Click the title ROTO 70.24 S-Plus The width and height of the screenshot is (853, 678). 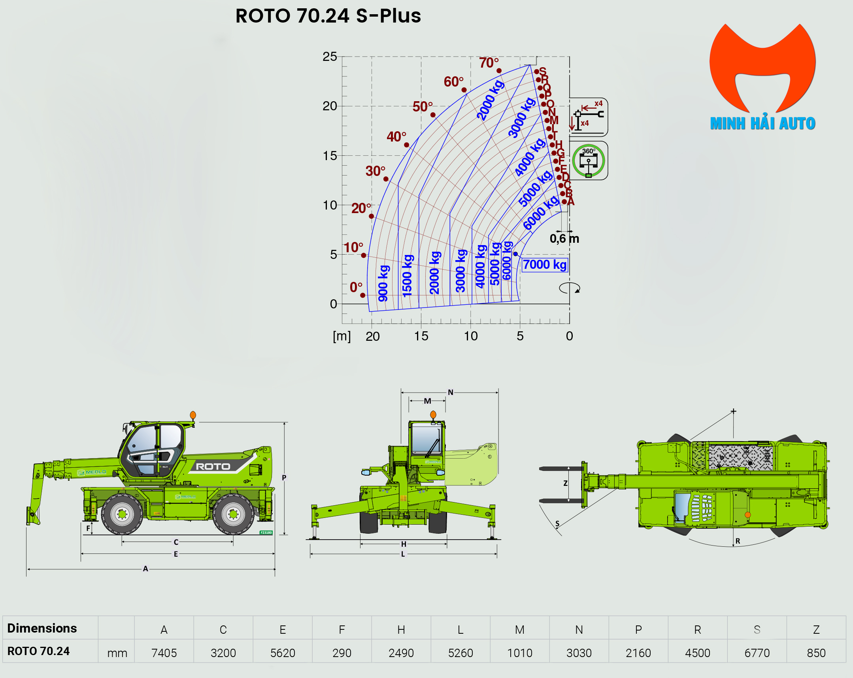(x=328, y=16)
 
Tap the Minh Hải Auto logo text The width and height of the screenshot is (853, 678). (x=762, y=123)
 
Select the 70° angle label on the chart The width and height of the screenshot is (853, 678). (x=489, y=62)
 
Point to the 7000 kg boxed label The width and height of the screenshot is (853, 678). (x=544, y=264)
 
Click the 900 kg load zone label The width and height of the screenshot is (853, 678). (x=383, y=283)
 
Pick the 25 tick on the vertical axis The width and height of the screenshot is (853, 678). (x=330, y=57)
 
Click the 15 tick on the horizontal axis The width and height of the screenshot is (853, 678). (x=421, y=336)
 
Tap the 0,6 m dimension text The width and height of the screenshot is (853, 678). (x=564, y=239)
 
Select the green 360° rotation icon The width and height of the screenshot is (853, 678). (x=588, y=161)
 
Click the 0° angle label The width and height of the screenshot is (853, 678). (x=356, y=287)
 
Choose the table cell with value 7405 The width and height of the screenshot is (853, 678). (x=164, y=653)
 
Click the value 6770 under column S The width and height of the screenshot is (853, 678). (x=757, y=653)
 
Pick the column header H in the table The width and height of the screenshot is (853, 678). (x=401, y=630)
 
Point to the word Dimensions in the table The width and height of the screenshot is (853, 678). (x=42, y=628)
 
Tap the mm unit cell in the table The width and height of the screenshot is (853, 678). (x=117, y=653)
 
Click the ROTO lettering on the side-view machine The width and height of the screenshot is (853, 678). (x=213, y=466)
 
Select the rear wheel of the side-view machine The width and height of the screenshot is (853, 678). (x=233, y=514)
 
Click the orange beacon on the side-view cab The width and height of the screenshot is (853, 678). (x=192, y=415)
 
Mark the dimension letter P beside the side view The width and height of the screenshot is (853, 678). (x=284, y=477)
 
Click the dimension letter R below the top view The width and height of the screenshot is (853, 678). (x=738, y=541)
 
